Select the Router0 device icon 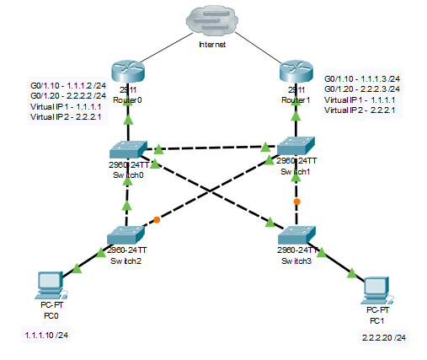(x=128, y=74)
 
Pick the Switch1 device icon (x=296, y=146)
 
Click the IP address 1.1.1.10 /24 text (x=47, y=336)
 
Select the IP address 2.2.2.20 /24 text (x=383, y=337)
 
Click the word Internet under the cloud (x=211, y=44)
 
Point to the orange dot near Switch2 (x=157, y=220)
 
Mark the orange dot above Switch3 (x=296, y=202)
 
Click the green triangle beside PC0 (x=78, y=269)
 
